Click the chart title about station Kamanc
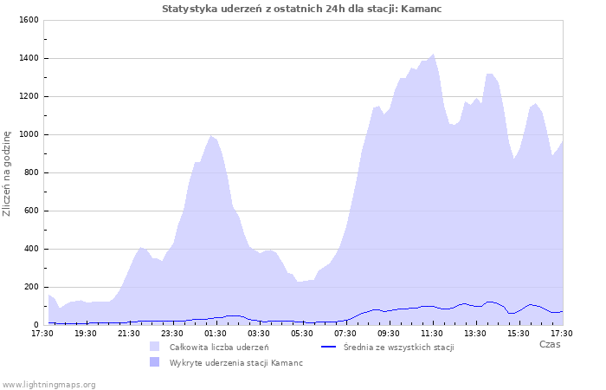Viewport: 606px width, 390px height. (307, 9)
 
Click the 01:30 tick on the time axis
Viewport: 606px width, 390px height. (216, 333)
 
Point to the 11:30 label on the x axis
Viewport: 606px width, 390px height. (432, 333)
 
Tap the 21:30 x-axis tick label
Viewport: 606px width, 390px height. (129, 333)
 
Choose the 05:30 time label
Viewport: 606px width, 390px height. (302, 333)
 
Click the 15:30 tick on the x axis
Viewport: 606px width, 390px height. (519, 333)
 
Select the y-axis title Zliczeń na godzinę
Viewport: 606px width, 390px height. (7, 173)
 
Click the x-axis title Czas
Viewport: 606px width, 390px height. (549, 344)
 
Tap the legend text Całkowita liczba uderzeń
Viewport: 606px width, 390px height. (218, 347)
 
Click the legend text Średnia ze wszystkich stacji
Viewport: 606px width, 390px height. (398, 347)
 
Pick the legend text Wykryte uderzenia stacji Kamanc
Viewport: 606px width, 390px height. (235, 362)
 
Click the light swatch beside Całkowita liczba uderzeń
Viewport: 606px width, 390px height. (154, 347)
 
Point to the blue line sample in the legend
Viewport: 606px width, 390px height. (328, 347)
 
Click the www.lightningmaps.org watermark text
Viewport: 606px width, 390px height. (48, 384)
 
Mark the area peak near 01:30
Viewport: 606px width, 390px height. (210, 136)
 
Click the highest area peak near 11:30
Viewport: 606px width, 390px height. (433, 55)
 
